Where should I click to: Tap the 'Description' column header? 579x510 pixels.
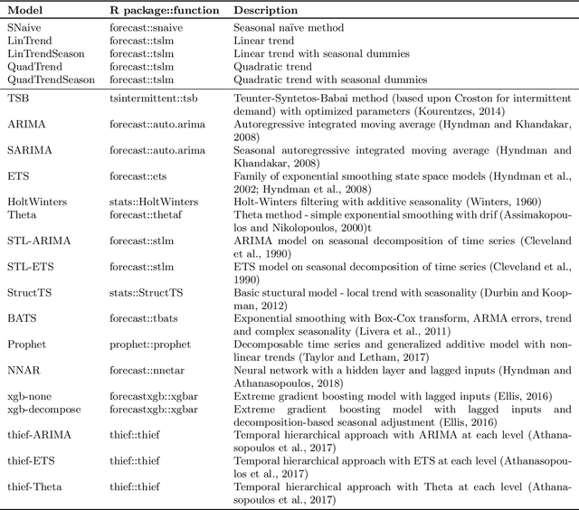point(266,10)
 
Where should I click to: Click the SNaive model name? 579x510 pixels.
point(25,29)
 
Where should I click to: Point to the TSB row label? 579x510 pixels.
point(18,96)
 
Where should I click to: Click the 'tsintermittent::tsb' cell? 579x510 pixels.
point(154,96)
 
